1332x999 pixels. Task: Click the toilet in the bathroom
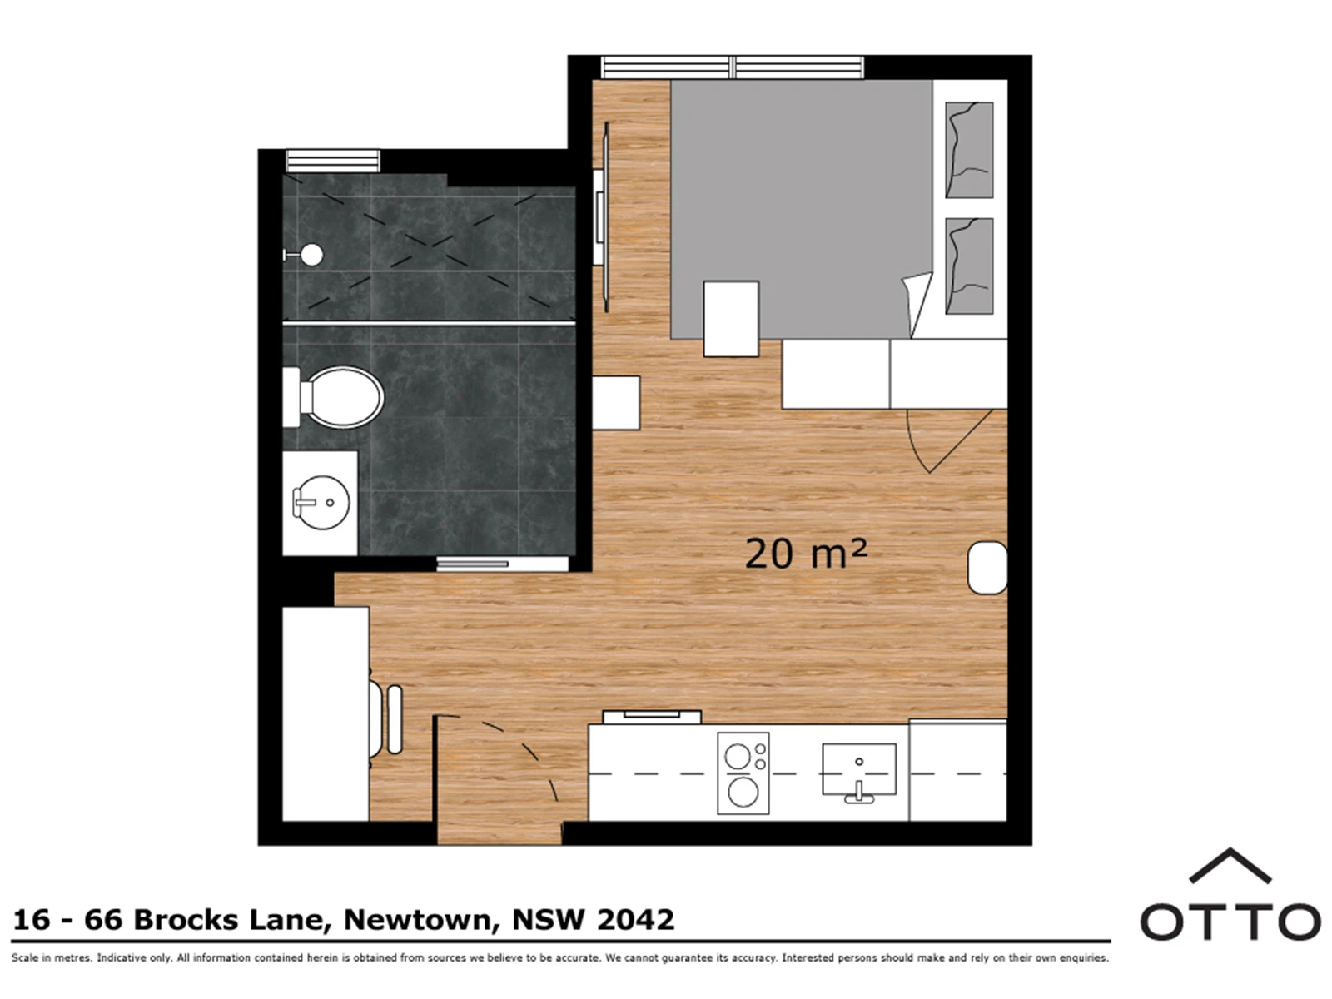pos(333,397)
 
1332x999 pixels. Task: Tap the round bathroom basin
pos(321,502)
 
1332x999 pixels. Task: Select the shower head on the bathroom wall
pos(308,255)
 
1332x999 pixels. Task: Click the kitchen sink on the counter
pos(858,768)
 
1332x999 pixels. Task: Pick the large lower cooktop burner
pos(743,792)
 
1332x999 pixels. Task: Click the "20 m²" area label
pos(806,553)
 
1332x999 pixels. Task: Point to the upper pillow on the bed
pos(969,150)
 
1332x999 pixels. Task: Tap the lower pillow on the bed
pos(969,266)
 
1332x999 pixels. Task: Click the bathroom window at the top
pos(332,162)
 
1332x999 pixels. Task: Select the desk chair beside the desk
pos(386,719)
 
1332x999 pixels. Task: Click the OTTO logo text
pos(1230,922)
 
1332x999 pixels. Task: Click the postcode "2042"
pos(636,920)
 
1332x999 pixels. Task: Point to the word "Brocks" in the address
pos(185,920)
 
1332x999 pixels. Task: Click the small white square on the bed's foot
pos(731,319)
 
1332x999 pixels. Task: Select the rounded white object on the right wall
pos(987,568)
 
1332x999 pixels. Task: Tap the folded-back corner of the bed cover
pos(918,302)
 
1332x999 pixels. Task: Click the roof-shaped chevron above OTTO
pos(1230,866)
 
